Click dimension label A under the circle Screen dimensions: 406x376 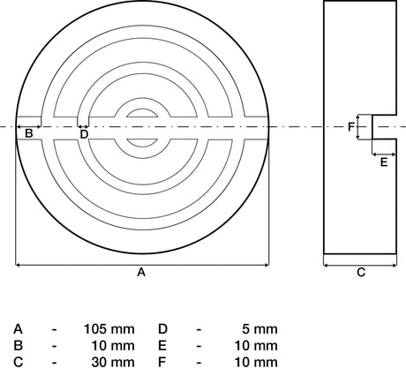pyautogui.click(x=141, y=273)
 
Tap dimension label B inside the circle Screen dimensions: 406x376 pyautogui.click(x=28, y=133)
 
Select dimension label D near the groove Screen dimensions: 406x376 pyautogui.click(x=84, y=134)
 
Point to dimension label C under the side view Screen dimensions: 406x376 pyautogui.click(x=361, y=273)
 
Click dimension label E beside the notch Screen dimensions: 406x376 pyautogui.click(x=384, y=162)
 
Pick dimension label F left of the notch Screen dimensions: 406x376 pyautogui.click(x=351, y=127)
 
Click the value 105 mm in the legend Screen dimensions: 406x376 pyautogui.click(x=109, y=329)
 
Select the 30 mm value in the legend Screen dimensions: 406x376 pyautogui.click(x=113, y=363)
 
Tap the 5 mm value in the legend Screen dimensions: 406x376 pyautogui.click(x=259, y=329)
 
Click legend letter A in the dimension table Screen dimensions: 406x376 pyautogui.click(x=18, y=329)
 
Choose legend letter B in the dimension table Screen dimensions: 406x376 pyautogui.click(x=18, y=346)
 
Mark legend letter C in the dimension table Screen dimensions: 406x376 pyautogui.click(x=18, y=363)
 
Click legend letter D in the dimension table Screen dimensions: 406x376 pyautogui.click(x=162, y=329)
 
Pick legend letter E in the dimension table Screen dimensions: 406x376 pyautogui.click(x=162, y=346)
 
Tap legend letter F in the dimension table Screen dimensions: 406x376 pyautogui.click(x=162, y=363)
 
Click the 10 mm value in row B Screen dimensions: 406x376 pyautogui.click(x=113, y=346)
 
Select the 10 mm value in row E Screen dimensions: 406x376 pyautogui.click(x=256, y=346)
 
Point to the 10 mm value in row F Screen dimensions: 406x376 pyautogui.click(x=256, y=363)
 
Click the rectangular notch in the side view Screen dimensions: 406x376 pyautogui.click(x=384, y=127)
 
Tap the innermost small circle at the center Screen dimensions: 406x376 pyautogui.click(x=142, y=109)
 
